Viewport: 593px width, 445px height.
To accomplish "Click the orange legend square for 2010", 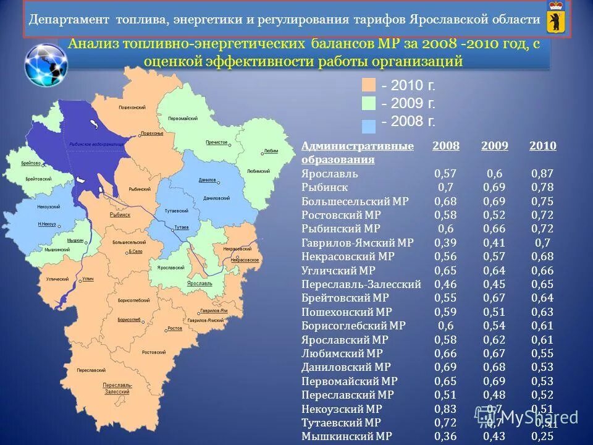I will (x=369, y=85).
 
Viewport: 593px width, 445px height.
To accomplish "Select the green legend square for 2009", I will (x=369, y=103).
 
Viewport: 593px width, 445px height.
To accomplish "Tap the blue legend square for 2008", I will (x=369, y=124).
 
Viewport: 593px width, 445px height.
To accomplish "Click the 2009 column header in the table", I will (x=494, y=146).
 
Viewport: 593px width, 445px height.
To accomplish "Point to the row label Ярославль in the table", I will (x=330, y=174).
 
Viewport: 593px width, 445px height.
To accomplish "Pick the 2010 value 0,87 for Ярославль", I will (x=542, y=174).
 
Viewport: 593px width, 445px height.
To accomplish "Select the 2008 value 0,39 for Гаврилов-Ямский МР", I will (x=445, y=244).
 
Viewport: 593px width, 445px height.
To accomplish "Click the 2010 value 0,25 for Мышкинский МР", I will (x=542, y=436).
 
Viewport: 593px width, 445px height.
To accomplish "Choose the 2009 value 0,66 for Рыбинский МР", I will (x=494, y=229).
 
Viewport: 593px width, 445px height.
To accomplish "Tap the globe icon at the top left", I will (x=46, y=64).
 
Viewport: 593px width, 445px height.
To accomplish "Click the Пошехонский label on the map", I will (x=132, y=108).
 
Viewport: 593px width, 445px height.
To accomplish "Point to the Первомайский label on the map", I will (x=185, y=118).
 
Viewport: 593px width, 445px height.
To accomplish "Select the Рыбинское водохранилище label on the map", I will (x=88, y=142).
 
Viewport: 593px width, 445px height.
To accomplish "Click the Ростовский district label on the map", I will (x=154, y=352).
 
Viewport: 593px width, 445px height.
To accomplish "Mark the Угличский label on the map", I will (x=57, y=279).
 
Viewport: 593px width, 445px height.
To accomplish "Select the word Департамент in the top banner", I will (x=67, y=19).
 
